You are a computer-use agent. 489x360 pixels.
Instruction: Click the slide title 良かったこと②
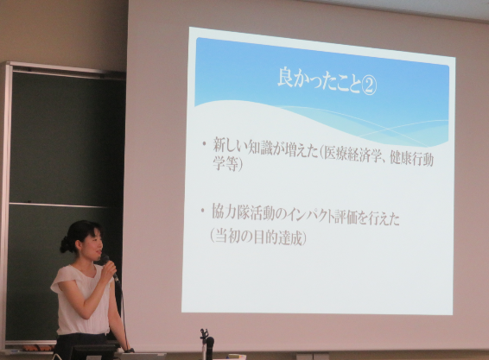(x=327, y=82)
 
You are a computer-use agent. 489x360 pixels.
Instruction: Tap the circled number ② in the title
(x=369, y=85)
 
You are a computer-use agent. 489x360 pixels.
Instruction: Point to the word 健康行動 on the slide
(x=411, y=159)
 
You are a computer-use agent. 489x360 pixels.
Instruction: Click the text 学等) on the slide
(x=227, y=164)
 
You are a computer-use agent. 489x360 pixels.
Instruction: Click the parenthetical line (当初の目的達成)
(x=257, y=237)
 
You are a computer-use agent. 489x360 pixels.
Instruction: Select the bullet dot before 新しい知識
(x=205, y=143)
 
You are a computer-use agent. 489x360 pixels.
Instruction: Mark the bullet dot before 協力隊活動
(x=203, y=211)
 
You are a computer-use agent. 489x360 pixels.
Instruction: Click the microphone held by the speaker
(x=110, y=268)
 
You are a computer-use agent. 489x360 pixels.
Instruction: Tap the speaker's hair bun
(x=64, y=244)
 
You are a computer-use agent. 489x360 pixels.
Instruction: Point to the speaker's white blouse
(x=82, y=300)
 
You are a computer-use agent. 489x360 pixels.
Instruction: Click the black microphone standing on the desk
(x=210, y=344)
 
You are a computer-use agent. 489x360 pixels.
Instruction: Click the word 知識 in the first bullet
(x=261, y=148)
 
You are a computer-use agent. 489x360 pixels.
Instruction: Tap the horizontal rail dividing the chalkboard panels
(x=60, y=205)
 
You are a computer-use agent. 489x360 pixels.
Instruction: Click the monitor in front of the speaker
(x=92, y=352)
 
